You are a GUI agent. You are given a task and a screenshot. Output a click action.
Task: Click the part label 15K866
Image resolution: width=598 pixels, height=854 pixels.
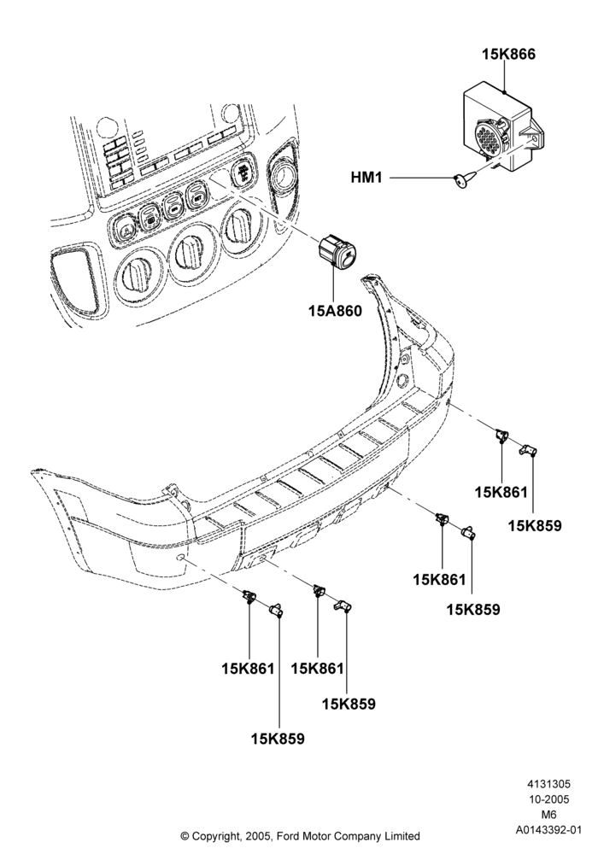508,55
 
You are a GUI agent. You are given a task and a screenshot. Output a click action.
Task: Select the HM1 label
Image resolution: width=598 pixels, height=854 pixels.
366,178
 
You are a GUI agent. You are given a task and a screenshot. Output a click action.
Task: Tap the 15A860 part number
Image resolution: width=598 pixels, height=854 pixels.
335,312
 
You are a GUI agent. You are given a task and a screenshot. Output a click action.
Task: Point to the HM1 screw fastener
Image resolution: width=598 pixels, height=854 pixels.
465,178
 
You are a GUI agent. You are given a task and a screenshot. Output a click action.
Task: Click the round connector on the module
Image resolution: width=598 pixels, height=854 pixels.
489,136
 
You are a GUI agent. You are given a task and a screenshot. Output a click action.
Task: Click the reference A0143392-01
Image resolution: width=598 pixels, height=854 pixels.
548,830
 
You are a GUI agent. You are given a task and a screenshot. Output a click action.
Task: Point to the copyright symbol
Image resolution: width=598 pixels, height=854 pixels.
185,835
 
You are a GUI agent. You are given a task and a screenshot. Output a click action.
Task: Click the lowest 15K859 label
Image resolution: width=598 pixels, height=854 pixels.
278,739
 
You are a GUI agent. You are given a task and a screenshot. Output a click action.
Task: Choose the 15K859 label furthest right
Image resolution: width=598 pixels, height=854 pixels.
535,525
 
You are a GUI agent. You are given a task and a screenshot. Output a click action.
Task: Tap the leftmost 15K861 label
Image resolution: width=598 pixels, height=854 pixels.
248,669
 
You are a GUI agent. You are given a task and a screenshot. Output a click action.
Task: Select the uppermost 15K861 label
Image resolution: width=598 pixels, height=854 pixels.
501,493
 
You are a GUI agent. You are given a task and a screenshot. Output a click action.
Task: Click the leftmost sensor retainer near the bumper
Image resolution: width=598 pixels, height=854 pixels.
249,595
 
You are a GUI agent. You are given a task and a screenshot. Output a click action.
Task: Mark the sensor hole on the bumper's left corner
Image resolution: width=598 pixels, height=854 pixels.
179,557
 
